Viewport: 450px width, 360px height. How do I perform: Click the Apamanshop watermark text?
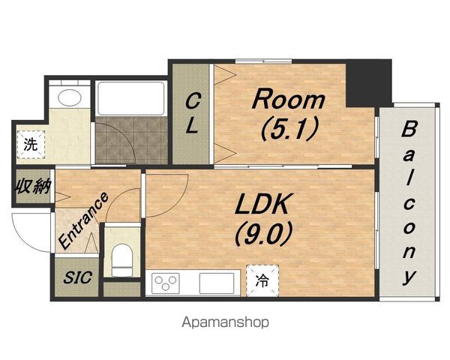pos(225,322)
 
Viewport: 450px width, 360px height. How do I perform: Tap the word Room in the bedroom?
pos(289,99)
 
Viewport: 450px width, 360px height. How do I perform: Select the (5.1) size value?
pos(289,129)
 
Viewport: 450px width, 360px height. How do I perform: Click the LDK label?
pos(262,204)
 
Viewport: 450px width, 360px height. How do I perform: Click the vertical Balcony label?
pos(409,202)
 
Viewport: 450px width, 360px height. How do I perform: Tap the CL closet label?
pos(192,114)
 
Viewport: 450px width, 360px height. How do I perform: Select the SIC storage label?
pos(77,277)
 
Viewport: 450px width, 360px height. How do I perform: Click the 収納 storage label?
pos(33,187)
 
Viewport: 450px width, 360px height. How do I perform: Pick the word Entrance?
pos(83,220)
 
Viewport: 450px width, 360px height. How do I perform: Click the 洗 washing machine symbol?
pos(31,145)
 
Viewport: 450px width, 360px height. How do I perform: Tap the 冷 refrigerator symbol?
pos(262,280)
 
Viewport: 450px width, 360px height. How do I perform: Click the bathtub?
pos(131,98)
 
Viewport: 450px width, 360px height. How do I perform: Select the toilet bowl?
pos(122,260)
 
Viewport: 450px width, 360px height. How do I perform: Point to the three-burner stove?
pos(166,283)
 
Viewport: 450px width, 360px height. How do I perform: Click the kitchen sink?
pos(217,283)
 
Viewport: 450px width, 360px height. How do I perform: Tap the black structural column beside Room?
pos(368,83)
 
